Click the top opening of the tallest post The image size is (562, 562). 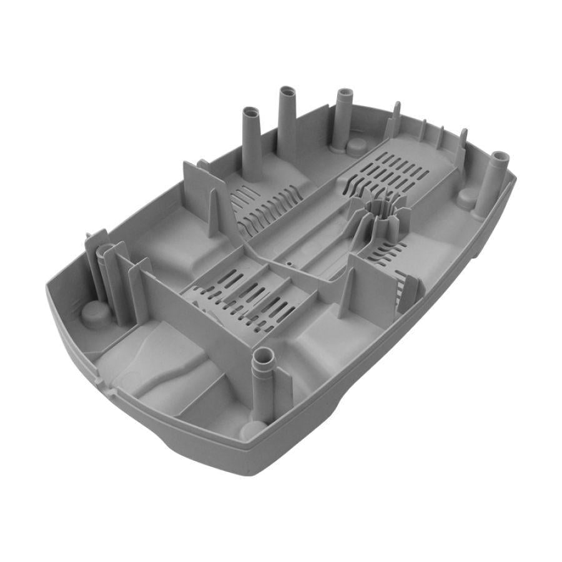(x=287, y=91)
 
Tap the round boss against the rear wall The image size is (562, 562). (x=357, y=146)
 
